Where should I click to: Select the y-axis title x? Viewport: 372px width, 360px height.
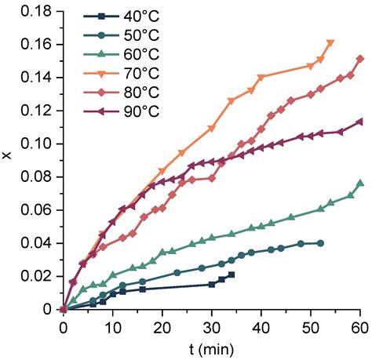[8, 157]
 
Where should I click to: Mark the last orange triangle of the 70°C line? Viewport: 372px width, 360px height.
[330, 43]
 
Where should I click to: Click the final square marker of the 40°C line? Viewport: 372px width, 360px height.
[232, 275]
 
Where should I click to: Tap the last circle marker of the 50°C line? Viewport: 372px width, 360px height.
[321, 243]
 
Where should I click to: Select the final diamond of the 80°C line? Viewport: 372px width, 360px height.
[360, 59]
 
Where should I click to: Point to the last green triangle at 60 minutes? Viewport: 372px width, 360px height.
[360, 184]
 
